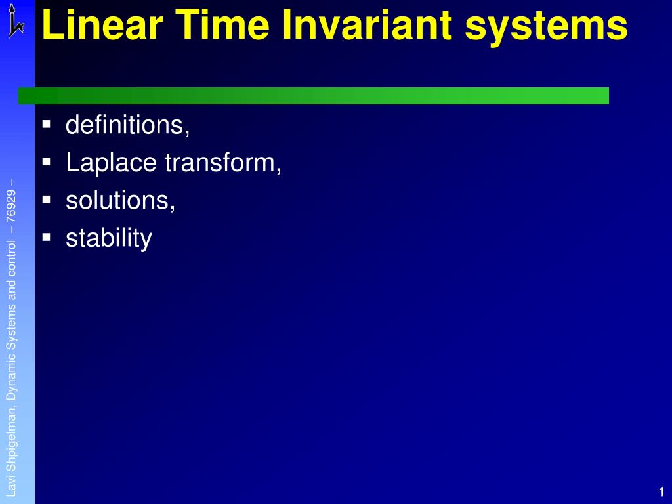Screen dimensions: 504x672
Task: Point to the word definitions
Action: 127,125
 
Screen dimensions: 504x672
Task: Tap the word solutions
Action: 120,201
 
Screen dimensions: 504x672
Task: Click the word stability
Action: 108,238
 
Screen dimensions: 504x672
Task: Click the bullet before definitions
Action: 46,123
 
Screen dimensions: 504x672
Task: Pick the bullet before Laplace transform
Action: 46,161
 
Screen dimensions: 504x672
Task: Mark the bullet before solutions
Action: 46,198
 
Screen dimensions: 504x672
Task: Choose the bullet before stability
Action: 46,236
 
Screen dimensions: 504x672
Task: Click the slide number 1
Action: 661,492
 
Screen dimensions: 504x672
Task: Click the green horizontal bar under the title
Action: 314,96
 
